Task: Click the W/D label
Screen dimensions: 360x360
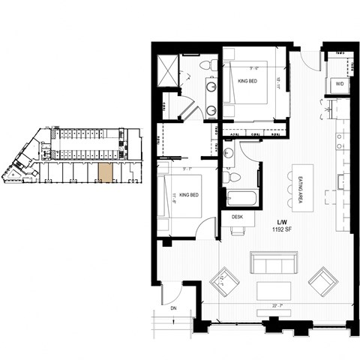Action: (340, 83)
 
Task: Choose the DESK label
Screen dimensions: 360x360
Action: (237, 217)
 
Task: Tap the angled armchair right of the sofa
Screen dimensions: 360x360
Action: (322, 283)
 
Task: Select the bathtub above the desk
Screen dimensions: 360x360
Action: (241, 199)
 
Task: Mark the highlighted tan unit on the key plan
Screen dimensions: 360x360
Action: (104, 171)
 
